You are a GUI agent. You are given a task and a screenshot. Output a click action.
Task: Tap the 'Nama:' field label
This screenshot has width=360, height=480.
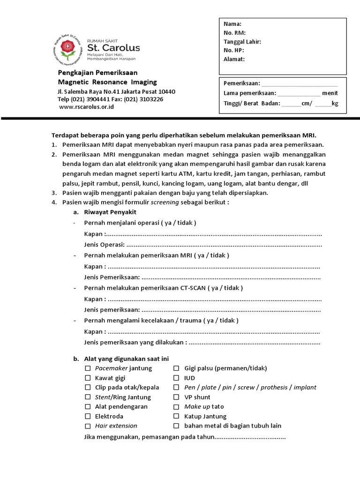tap(232, 24)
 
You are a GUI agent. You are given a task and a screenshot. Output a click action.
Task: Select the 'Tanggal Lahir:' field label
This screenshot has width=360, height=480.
tap(242, 42)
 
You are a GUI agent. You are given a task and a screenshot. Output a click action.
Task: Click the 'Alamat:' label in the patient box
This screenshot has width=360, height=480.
tap(234, 59)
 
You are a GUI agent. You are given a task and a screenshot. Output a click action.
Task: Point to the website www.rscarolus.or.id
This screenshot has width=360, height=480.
tap(87, 107)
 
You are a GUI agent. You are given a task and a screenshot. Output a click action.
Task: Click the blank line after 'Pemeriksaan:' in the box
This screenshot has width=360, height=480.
tap(300, 83)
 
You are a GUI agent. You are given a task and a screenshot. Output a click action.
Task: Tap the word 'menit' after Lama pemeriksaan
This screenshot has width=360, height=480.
tap(330, 93)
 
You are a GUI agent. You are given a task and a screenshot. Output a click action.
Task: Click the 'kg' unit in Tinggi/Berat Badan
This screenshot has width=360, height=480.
tap(335, 104)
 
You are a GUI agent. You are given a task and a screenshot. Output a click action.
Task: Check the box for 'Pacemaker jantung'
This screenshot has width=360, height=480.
tap(88, 368)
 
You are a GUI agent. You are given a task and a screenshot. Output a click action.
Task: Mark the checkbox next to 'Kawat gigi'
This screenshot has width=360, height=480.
tap(88, 378)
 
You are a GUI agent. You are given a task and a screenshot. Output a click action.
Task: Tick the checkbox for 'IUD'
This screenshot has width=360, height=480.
tap(176, 378)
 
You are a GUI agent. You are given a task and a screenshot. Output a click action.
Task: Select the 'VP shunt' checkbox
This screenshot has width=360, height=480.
tap(176, 397)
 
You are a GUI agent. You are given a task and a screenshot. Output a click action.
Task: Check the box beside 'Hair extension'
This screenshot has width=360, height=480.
tap(88, 426)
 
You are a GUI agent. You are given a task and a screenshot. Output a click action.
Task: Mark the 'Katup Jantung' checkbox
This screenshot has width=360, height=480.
tap(176, 416)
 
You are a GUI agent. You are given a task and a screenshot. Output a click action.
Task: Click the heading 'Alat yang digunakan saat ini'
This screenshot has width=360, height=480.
tap(126, 359)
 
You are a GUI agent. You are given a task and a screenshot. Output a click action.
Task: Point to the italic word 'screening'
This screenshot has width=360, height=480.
tap(165, 202)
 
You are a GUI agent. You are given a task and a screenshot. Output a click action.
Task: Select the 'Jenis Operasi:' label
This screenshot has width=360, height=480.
tap(104, 244)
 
